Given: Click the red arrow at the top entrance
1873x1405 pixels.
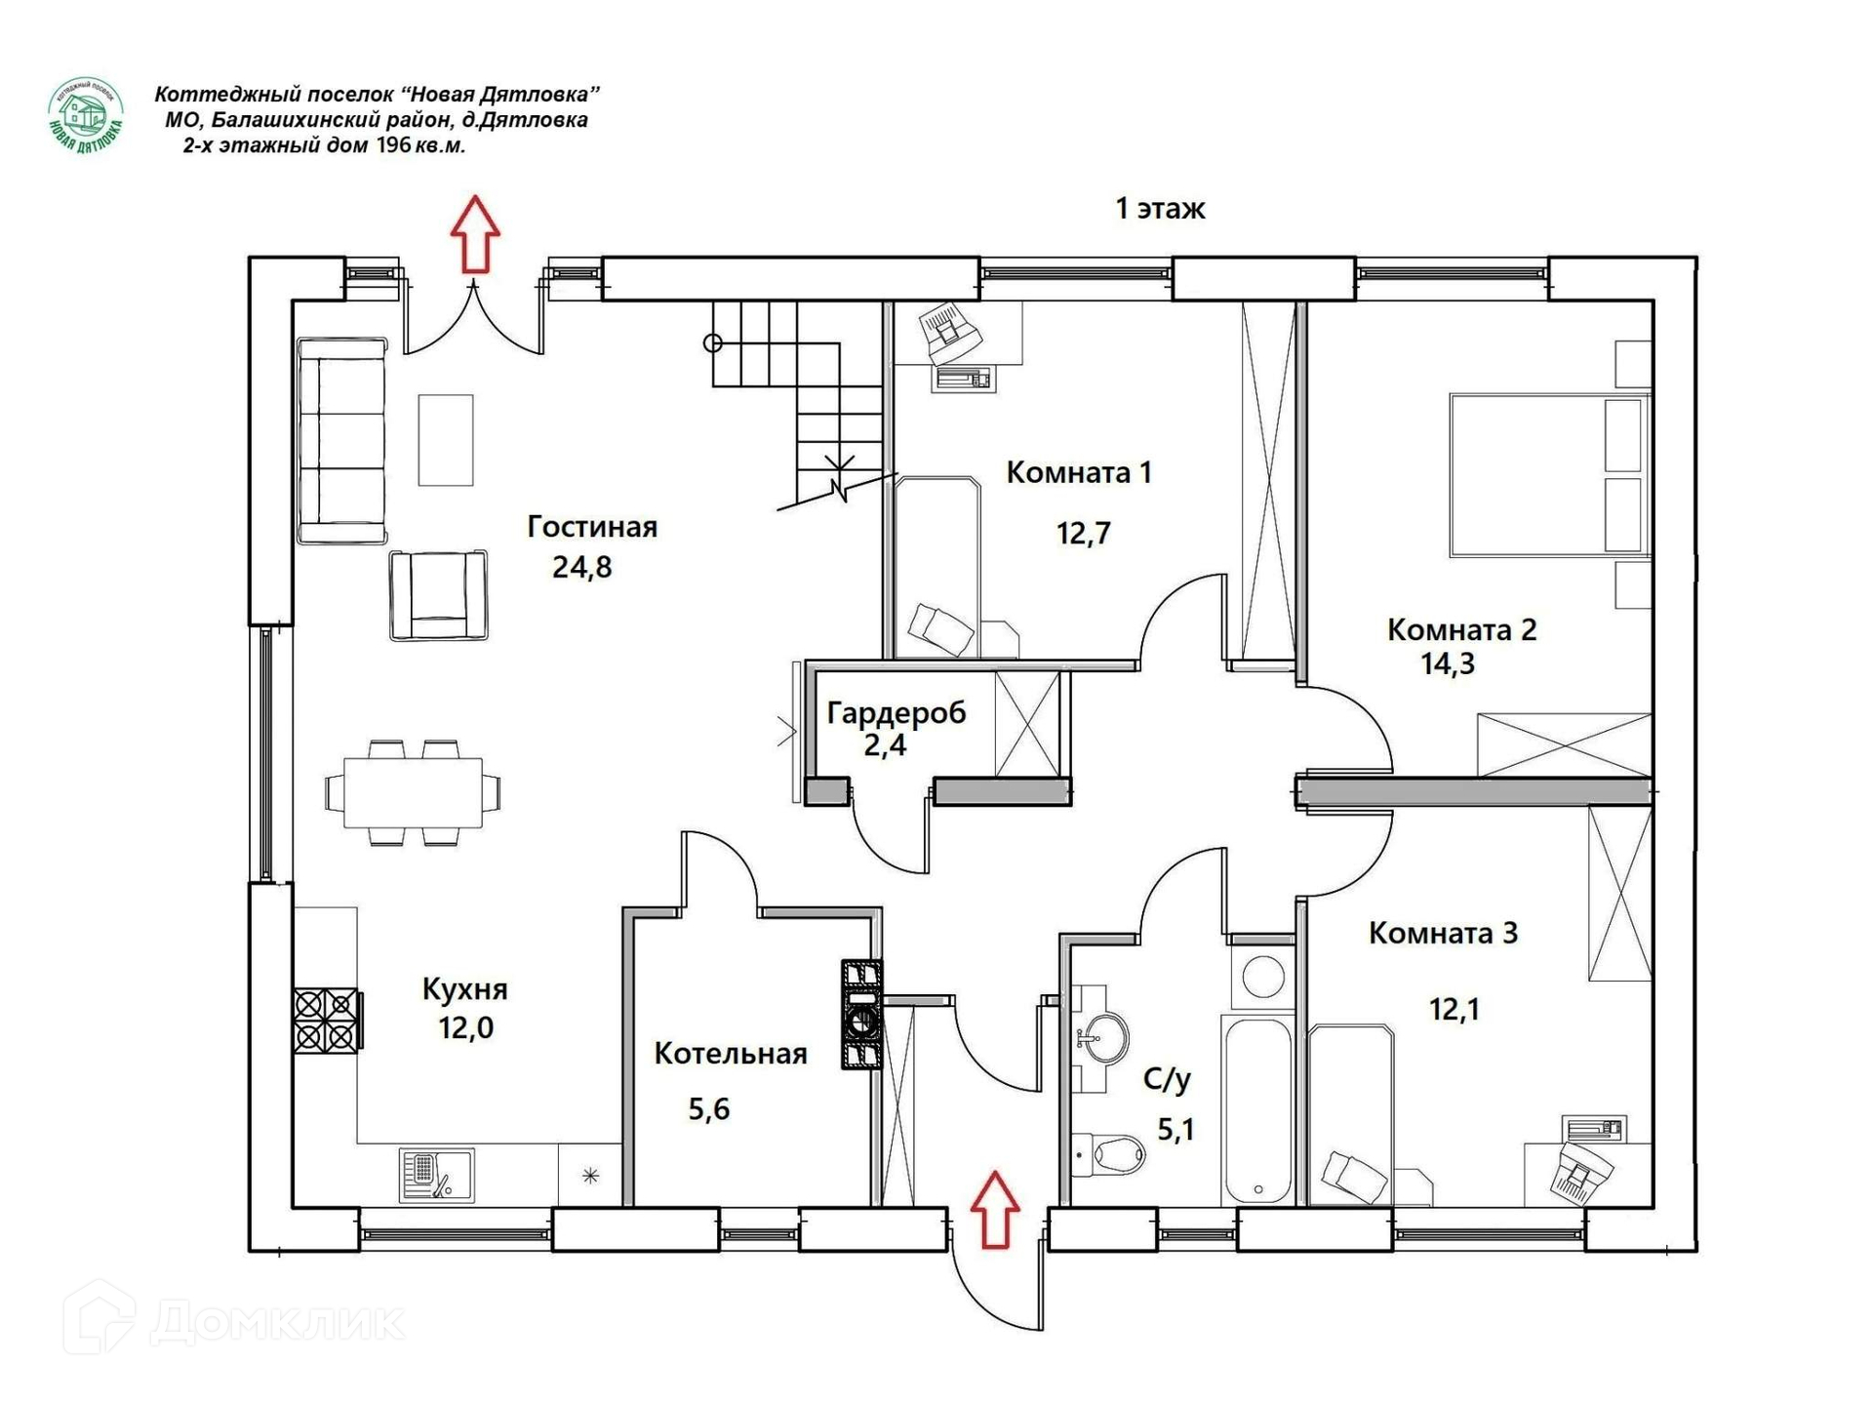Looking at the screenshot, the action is point(475,233).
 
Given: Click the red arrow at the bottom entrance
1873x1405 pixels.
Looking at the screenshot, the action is point(994,1209).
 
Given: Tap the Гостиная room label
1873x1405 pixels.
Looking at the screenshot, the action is point(592,527).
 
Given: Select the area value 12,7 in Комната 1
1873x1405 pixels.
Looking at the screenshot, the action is point(1083,534).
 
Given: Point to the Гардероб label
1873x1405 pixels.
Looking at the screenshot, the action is point(896,713).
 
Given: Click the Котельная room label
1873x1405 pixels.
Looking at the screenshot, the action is point(731,1054).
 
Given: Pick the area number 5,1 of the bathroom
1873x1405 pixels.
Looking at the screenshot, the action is point(1176,1130).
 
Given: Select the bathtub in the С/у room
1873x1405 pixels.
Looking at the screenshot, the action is point(1257,1110).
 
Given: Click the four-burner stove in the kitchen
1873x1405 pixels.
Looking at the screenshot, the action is point(328,1021).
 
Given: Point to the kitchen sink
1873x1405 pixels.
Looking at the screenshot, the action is point(436,1175).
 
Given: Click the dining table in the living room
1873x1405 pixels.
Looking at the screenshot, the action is point(414,792).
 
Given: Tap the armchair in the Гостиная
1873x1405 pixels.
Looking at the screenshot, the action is point(439,595).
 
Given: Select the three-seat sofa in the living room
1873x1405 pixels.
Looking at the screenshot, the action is point(342,441).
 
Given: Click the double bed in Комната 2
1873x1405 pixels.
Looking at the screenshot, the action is point(1549,475).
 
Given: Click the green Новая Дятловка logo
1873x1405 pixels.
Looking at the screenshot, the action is point(86,115).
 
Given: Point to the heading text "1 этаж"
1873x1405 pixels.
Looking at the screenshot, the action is point(1161,209).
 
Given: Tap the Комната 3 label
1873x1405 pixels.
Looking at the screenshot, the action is point(1443,933).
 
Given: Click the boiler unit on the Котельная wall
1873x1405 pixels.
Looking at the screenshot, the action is point(861,1015).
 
